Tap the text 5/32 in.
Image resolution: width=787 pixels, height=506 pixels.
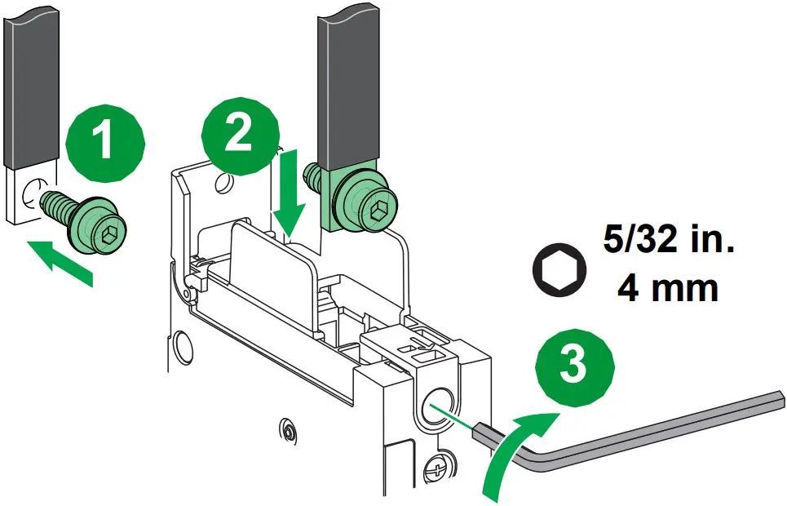pos(668,242)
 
